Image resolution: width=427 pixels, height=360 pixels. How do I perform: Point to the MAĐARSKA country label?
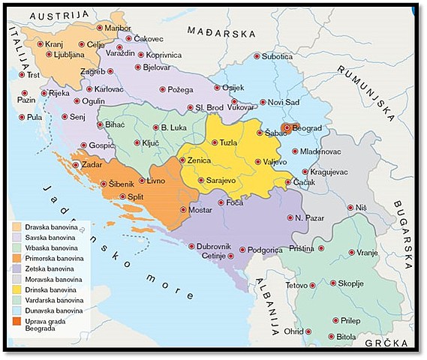coord(221,33)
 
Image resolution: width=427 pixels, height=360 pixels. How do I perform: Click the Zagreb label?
coord(93,72)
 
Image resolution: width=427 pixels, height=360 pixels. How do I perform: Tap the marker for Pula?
coord(21,117)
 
